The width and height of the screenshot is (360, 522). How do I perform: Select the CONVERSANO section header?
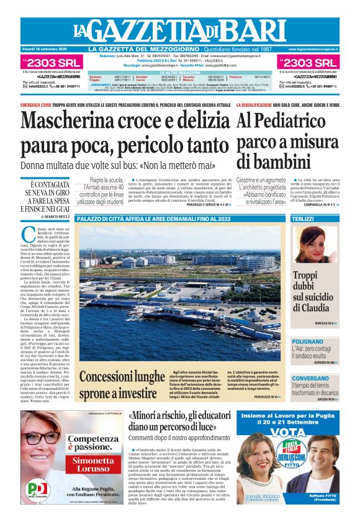(310, 378)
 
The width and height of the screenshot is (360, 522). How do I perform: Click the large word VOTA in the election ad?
(288, 432)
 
